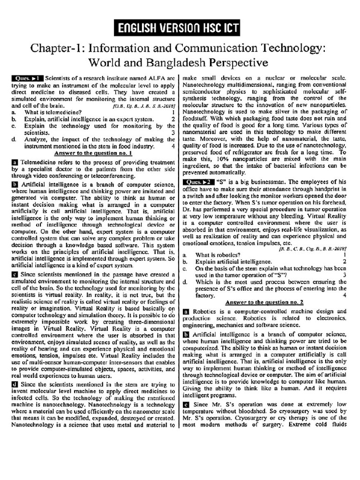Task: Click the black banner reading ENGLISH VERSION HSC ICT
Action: tap(180, 29)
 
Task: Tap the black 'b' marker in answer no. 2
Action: tap(186, 334)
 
